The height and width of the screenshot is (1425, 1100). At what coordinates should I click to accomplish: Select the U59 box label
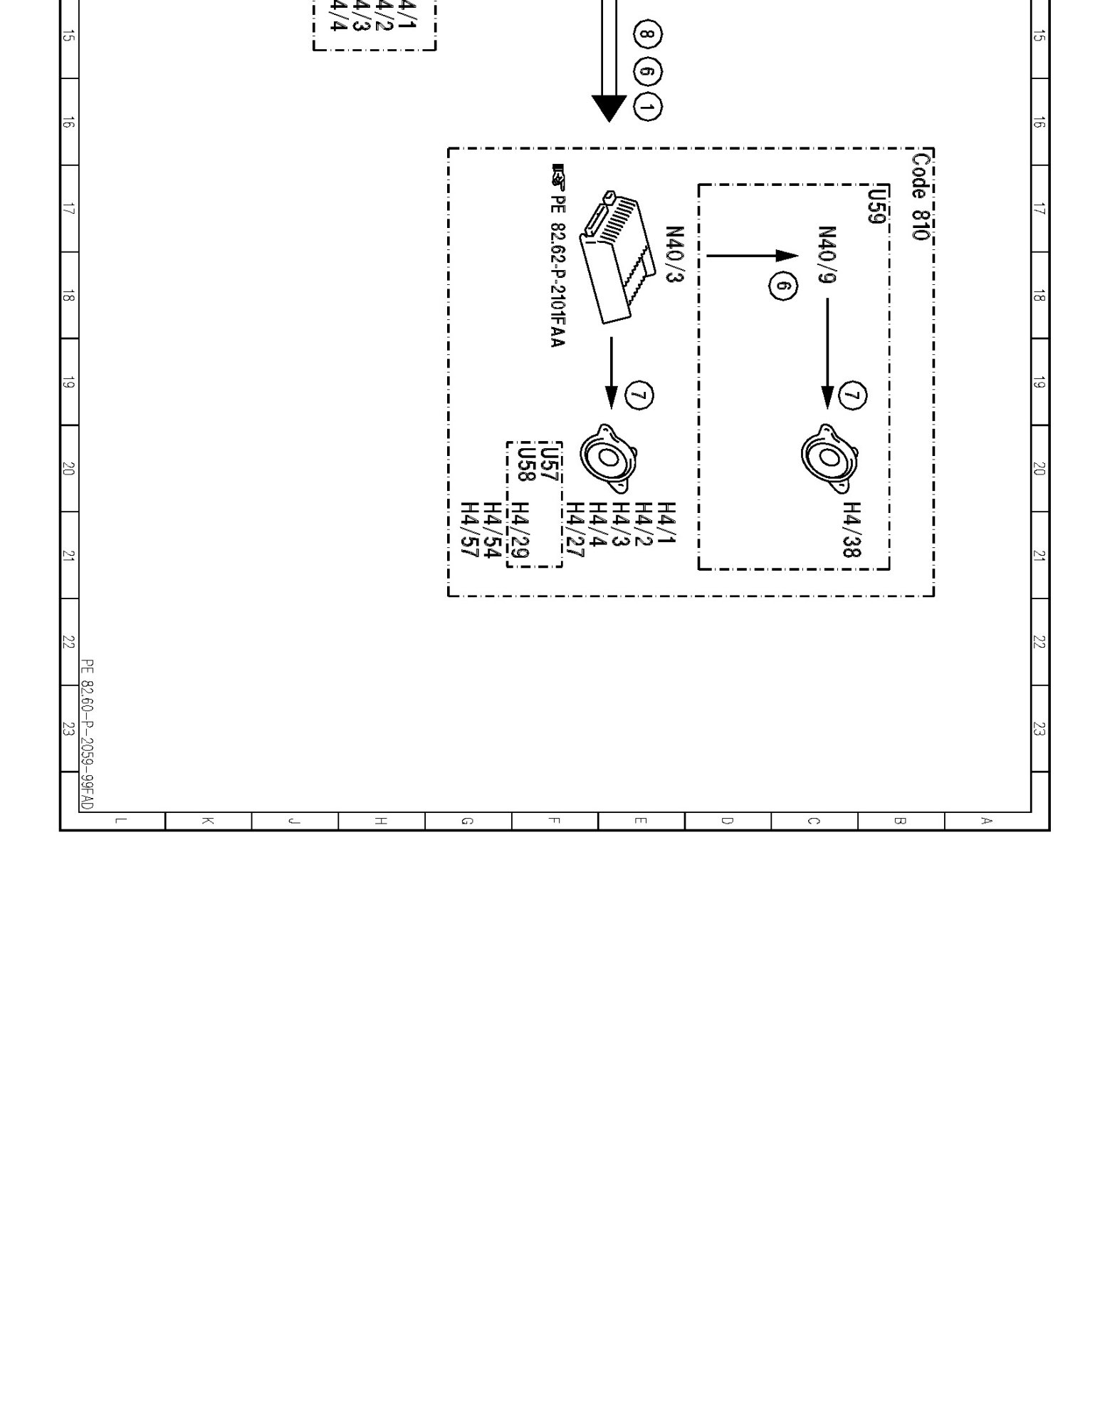point(877,205)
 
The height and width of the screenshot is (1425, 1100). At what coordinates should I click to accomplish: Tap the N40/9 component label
point(827,255)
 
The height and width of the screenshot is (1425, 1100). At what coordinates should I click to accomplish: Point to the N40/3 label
point(674,255)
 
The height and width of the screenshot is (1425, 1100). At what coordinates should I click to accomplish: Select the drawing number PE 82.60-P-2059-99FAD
point(86,734)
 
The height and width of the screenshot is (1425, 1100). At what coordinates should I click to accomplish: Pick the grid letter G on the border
point(467,821)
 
